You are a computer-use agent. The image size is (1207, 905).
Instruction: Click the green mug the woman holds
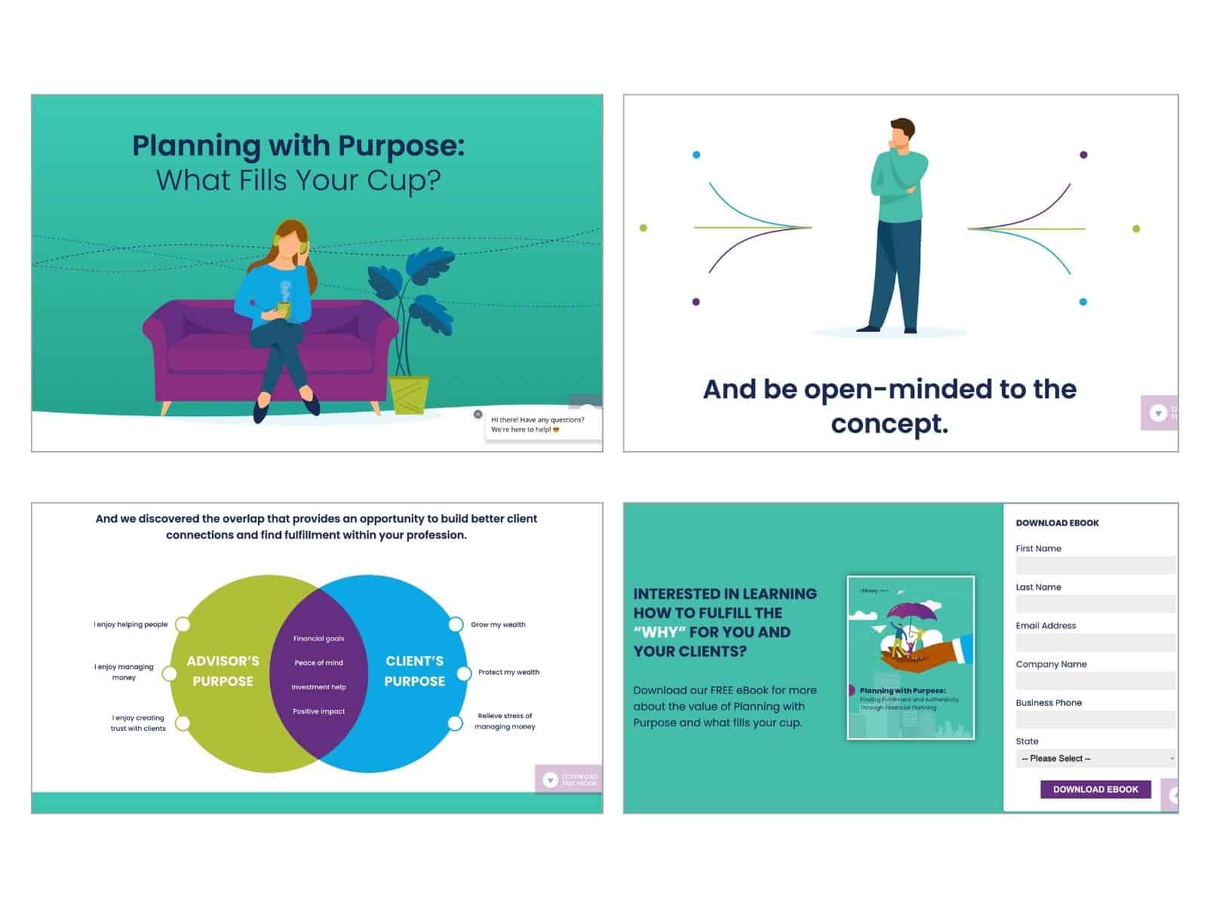284,309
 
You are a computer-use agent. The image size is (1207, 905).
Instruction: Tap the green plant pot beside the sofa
409,394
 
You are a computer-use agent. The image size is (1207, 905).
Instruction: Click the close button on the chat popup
478,414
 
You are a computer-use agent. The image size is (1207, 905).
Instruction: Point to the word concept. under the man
889,424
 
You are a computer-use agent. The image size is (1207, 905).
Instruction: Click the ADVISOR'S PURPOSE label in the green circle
223,670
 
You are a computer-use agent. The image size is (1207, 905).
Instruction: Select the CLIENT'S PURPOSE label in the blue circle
414,670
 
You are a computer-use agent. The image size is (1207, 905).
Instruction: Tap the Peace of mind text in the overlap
318,663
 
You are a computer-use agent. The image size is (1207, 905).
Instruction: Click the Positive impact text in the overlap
318,711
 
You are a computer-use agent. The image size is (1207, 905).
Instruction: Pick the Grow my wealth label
498,624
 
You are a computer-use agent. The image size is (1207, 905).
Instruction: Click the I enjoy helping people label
131,624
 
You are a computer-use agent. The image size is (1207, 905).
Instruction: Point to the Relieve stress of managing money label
505,721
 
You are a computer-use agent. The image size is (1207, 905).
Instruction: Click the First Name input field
1095,566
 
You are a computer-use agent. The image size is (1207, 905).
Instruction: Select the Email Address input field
1095,643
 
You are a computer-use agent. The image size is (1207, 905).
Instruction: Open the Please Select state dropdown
1095,758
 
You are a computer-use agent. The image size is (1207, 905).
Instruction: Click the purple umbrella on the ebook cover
911,612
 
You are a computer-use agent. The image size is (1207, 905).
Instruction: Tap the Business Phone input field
1095,719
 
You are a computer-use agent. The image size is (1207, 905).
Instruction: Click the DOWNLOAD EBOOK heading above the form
1057,523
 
